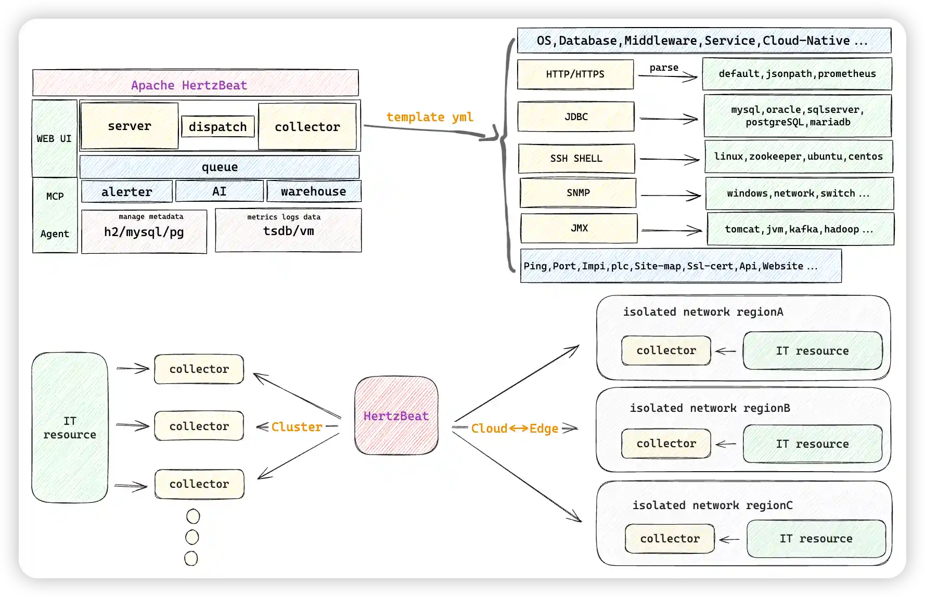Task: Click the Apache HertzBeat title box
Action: click(195, 83)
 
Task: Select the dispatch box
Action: click(218, 127)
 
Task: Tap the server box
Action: click(130, 126)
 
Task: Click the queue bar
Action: click(220, 167)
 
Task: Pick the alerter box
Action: click(127, 192)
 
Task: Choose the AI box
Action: click(219, 191)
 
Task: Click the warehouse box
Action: click(314, 191)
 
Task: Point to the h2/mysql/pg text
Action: click(144, 232)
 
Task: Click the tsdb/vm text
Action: click(288, 231)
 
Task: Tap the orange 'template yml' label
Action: click(430, 117)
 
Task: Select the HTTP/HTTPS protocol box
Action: click(575, 74)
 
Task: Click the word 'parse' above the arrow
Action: click(664, 68)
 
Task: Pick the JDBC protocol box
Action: click(576, 117)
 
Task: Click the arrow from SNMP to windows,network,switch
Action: click(671, 196)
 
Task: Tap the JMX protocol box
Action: click(579, 228)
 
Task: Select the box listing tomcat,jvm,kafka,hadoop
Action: click(800, 229)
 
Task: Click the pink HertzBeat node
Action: click(396, 416)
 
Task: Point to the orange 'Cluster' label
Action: click(297, 427)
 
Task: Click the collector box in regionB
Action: click(666, 444)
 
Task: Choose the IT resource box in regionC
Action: click(816, 539)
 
